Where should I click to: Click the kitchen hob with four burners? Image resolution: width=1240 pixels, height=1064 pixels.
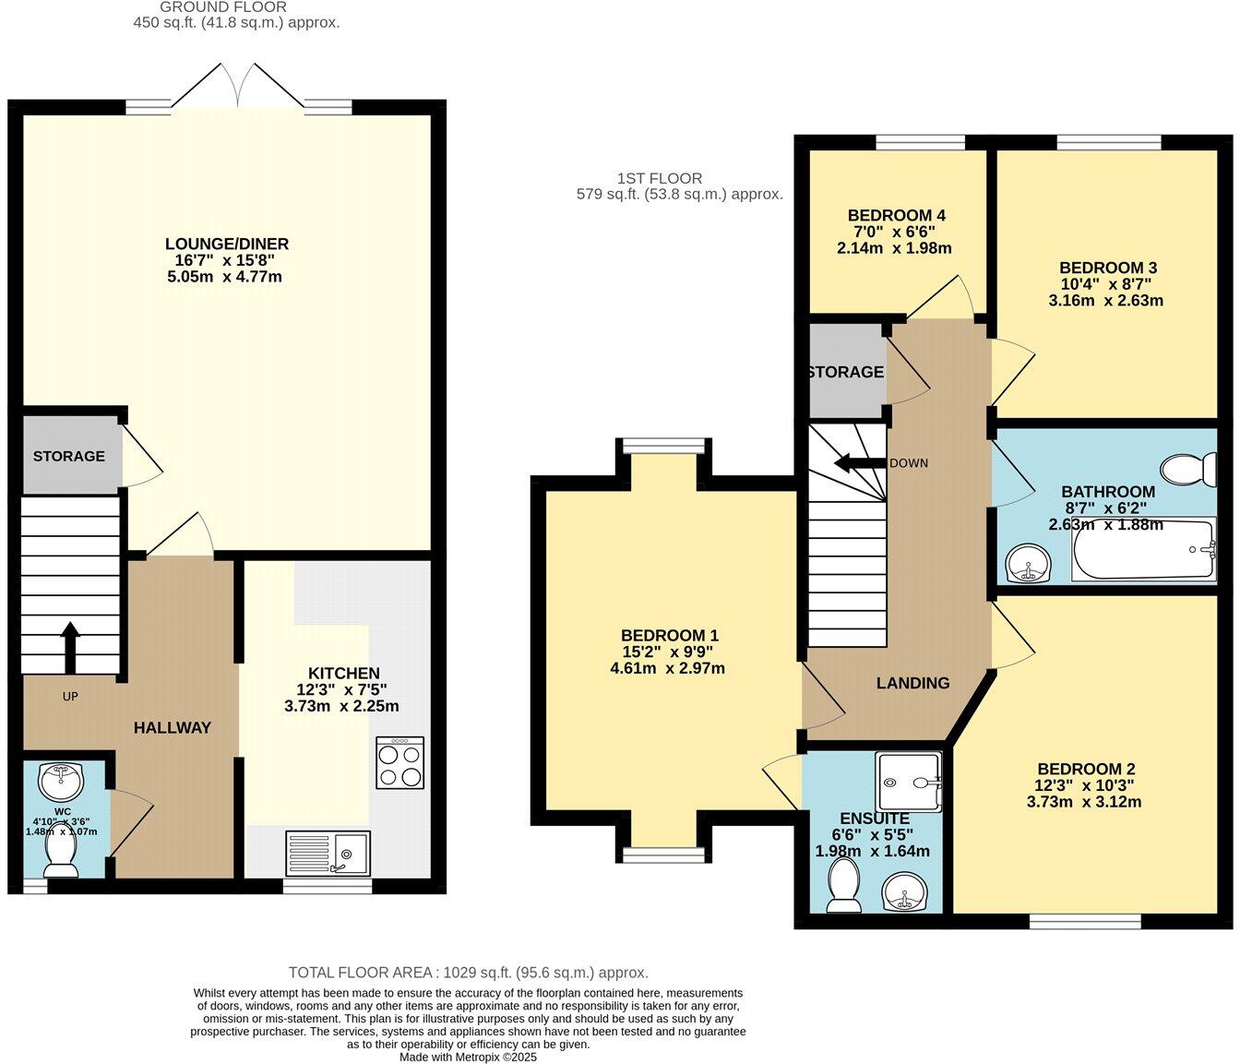(x=400, y=761)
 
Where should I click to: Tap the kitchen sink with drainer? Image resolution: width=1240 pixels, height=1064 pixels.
(x=328, y=852)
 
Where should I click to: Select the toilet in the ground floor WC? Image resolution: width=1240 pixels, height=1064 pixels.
(x=61, y=855)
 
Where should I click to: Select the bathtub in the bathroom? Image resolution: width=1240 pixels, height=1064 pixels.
(x=1144, y=551)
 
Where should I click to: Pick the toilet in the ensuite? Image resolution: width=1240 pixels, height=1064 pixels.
(x=843, y=884)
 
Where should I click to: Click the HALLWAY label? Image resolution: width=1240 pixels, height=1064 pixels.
(x=173, y=728)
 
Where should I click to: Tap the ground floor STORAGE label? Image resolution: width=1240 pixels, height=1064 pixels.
(x=69, y=457)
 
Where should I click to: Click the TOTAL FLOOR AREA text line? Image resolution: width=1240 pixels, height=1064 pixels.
(x=468, y=973)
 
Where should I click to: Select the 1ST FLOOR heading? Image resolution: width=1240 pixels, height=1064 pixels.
(x=660, y=178)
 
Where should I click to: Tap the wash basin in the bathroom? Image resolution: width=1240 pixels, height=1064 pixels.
(x=1028, y=564)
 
